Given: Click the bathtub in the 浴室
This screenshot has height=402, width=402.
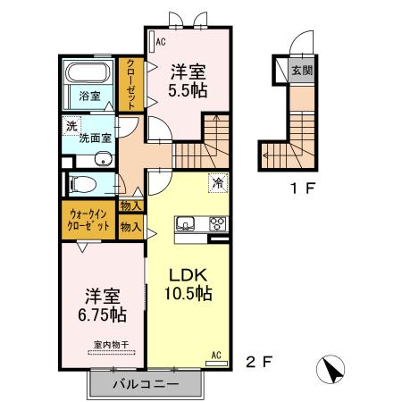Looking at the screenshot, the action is (x=88, y=72).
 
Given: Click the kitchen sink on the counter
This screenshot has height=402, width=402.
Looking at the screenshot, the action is (x=185, y=223).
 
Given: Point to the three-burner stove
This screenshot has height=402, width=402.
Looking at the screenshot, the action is (x=218, y=224).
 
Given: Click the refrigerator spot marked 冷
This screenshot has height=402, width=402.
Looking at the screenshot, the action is (x=218, y=182).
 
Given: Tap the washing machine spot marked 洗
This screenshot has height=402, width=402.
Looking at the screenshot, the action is (x=71, y=126).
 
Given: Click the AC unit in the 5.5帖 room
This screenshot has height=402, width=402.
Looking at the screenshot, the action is (x=152, y=41).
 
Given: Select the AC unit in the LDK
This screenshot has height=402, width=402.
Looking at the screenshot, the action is (x=217, y=364).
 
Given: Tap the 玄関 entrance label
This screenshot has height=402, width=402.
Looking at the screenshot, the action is (x=302, y=71).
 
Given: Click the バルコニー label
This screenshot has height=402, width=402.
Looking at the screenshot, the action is (x=146, y=384).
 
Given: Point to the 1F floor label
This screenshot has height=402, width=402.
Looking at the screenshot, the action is (x=303, y=188).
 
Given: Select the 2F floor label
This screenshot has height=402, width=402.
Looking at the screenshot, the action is (x=259, y=362).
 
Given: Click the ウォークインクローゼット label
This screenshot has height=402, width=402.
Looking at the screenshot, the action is (x=88, y=220).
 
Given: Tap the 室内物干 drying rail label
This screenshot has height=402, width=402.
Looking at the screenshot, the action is (x=112, y=345).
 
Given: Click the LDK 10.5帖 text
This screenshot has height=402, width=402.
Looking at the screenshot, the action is (x=188, y=284).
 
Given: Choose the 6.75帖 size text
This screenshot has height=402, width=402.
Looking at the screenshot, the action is (x=102, y=314).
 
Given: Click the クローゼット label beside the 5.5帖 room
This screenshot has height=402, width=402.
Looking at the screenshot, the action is (x=131, y=85).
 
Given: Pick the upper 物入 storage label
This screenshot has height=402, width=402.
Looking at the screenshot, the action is (x=130, y=205).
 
